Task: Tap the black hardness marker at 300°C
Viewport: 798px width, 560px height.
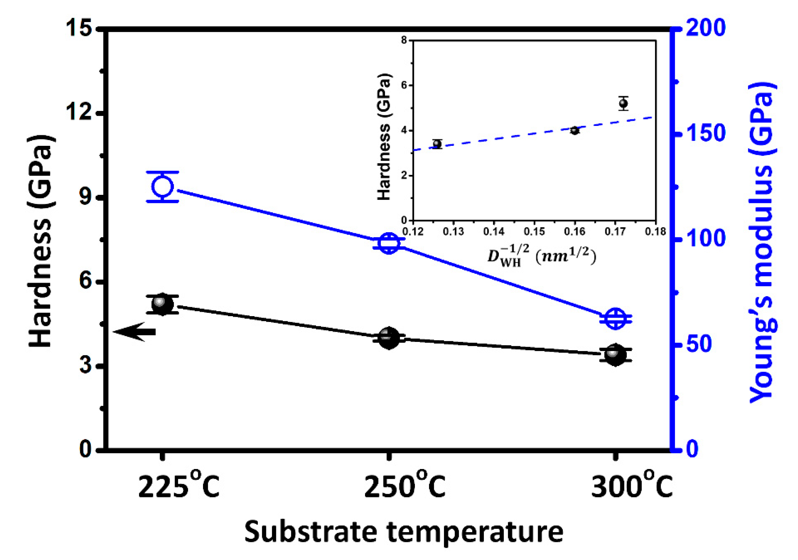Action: tap(615, 354)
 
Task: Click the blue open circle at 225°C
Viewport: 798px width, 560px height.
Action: tap(162, 187)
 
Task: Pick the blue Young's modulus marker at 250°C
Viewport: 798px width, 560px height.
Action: tap(389, 243)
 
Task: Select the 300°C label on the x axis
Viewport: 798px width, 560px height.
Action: tap(631, 488)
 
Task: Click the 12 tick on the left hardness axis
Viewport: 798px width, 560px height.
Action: tap(82, 113)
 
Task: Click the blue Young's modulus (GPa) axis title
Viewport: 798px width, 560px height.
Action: tap(761, 243)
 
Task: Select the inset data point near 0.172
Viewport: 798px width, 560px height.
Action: tap(623, 103)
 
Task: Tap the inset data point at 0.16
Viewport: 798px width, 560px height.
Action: tap(575, 131)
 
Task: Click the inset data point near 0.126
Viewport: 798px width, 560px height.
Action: tap(437, 144)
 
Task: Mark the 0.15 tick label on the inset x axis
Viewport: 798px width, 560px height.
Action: tap(534, 231)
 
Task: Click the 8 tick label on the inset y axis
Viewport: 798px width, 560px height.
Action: tap(404, 41)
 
